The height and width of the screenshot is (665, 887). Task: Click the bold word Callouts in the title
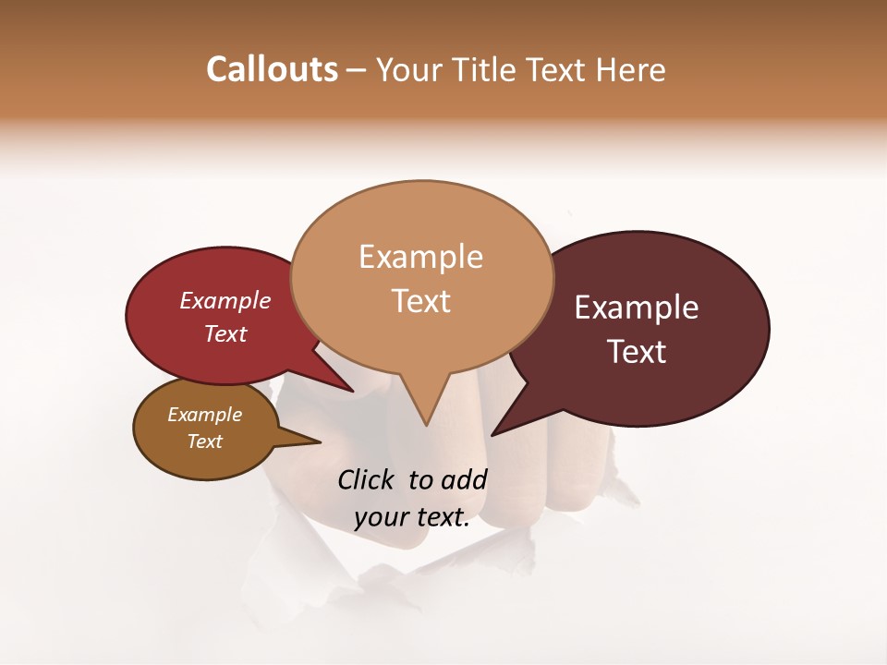tap(272, 69)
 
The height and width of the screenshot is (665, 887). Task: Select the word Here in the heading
tap(631, 69)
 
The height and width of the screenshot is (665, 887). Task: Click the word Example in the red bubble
tap(225, 300)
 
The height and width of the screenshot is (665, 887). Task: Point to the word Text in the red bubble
tap(225, 333)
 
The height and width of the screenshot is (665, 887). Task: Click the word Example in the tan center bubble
tap(421, 257)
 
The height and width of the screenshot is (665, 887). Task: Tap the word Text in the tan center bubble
tap(421, 301)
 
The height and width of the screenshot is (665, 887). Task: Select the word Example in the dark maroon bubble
tap(637, 308)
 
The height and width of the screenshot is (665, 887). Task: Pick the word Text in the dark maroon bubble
tap(637, 352)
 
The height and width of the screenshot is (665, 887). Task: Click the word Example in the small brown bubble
tap(205, 415)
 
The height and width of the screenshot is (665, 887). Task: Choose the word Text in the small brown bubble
tap(205, 441)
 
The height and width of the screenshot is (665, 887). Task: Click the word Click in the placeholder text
tap(368, 479)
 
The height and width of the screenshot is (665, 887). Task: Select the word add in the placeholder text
tap(464, 479)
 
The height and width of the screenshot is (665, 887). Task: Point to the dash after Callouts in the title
tap(357, 70)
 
